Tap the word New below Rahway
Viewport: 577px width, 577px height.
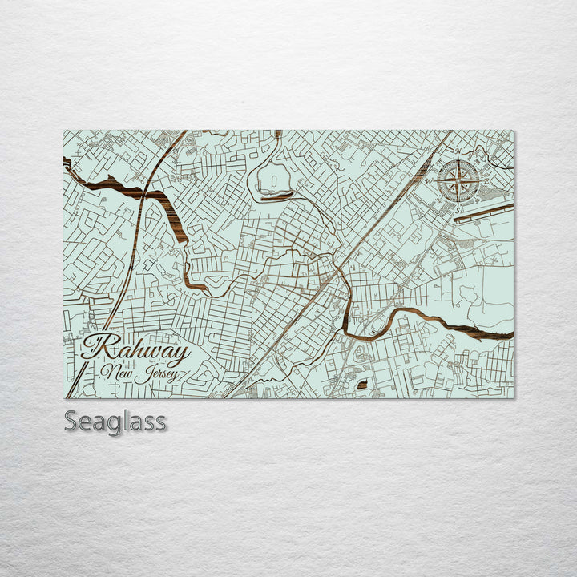(x=115, y=373)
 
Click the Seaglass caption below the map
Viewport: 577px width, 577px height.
(x=115, y=421)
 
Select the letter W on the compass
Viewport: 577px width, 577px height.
(x=430, y=180)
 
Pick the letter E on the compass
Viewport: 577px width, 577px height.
(x=486, y=180)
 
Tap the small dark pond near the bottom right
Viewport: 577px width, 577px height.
(x=361, y=385)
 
